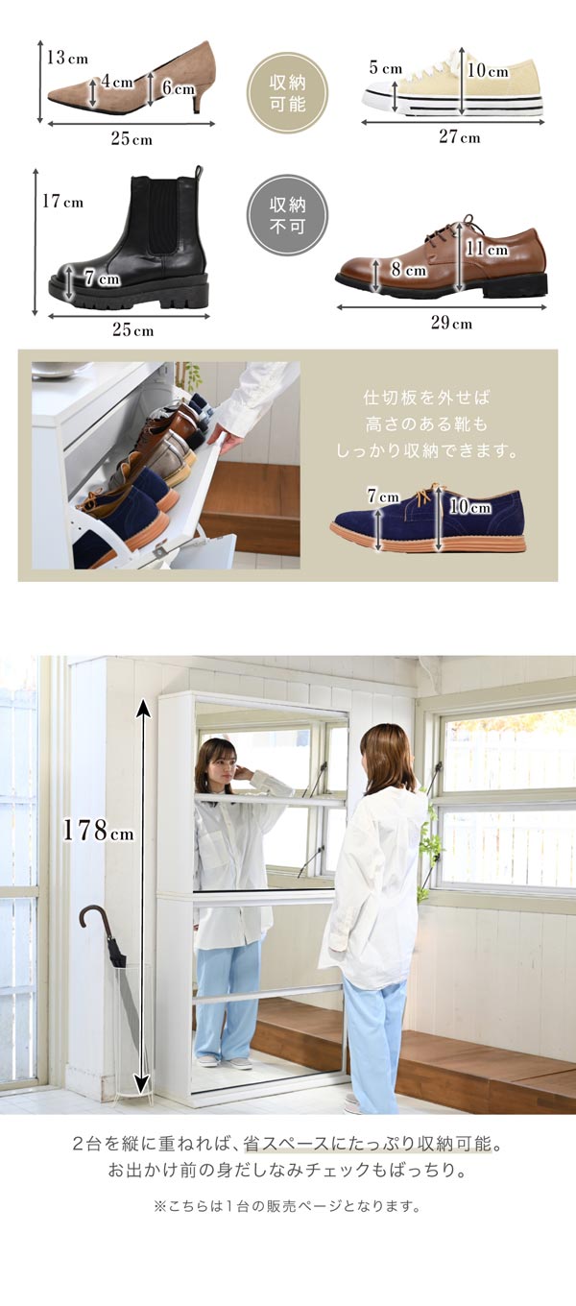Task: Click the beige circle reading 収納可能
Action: pyautogui.click(x=287, y=92)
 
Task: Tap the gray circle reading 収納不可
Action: pyautogui.click(x=287, y=214)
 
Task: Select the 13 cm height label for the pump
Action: pyautogui.click(x=67, y=58)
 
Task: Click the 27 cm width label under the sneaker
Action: pyautogui.click(x=459, y=137)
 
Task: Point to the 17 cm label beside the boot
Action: pyautogui.click(x=62, y=202)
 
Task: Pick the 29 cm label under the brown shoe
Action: pyautogui.click(x=450, y=323)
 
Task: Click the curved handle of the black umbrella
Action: pyautogui.click(x=92, y=917)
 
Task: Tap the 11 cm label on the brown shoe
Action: pyautogui.click(x=487, y=250)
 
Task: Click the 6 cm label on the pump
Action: pyautogui.click(x=178, y=88)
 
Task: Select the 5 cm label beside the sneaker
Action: pyautogui.click(x=385, y=68)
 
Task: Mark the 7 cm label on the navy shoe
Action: pyautogui.click(x=382, y=496)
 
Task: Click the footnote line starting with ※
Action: pyautogui.click(x=287, y=1206)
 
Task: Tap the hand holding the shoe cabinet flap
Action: pyautogui.click(x=228, y=440)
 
